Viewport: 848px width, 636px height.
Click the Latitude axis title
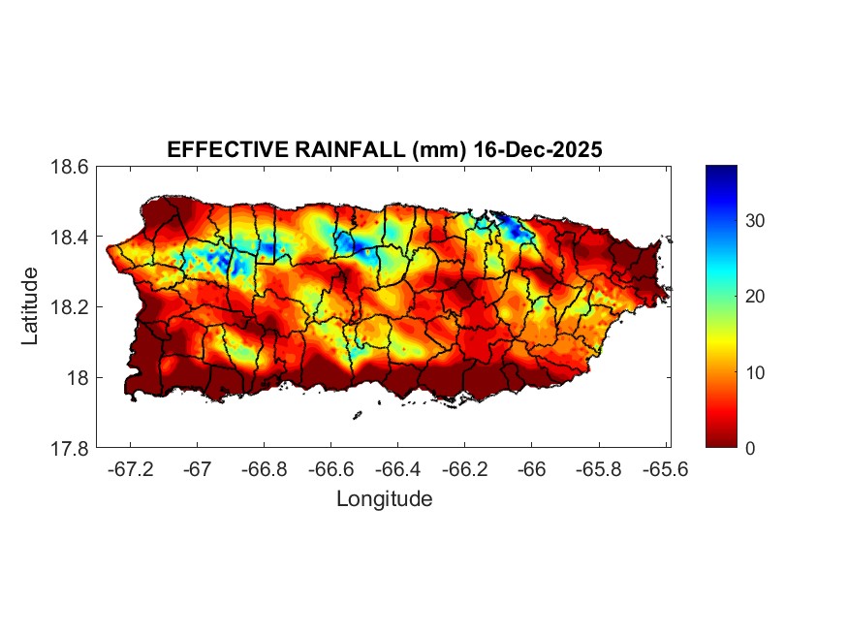click(x=31, y=306)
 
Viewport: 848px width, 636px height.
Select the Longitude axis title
click(x=384, y=499)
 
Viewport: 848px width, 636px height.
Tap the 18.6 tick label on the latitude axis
click(x=70, y=167)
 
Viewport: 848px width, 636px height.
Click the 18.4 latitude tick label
click(x=70, y=238)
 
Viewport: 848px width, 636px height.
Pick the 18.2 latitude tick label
click(x=70, y=307)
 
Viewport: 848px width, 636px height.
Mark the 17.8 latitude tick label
click(x=70, y=448)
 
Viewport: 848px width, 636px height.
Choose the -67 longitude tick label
click(x=198, y=469)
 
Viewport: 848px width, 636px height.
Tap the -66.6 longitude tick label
click(x=330, y=469)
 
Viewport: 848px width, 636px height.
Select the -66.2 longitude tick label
click(x=464, y=469)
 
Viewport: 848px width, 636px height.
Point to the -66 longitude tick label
click(x=531, y=469)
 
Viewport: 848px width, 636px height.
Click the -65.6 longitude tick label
click(x=665, y=469)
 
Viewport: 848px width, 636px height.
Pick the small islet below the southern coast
click(x=357, y=416)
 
